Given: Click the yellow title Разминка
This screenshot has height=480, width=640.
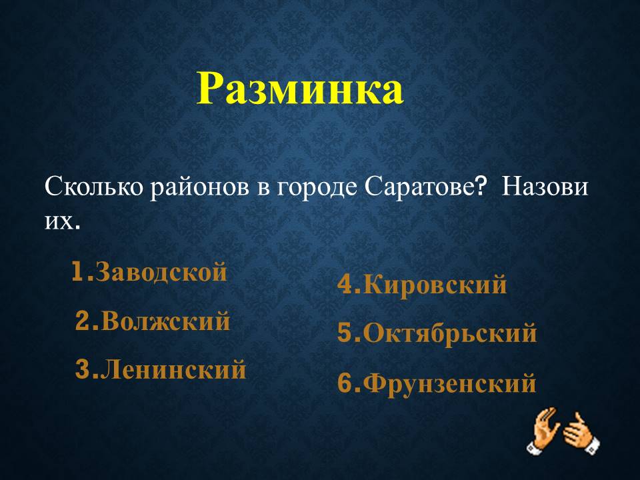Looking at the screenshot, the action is click(300, 89).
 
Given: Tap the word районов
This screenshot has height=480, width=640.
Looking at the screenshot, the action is click(199, 189).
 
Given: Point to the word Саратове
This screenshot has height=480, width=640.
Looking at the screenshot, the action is click(419, 187).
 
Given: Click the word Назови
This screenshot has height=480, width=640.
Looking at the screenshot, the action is click(545, 187).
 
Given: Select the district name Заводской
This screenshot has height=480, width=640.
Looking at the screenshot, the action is click(161, 272).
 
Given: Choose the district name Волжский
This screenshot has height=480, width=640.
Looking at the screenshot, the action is click(165, 321).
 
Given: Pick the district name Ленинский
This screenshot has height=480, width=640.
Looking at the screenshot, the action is click(173, 369).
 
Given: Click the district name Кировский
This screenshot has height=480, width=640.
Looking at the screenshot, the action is click(435, 285).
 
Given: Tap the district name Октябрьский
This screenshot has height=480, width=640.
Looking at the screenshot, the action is click(450, 333).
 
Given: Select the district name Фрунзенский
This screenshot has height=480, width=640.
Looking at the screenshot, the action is click(449, 383).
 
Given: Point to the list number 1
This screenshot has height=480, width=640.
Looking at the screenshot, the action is click(79, 272).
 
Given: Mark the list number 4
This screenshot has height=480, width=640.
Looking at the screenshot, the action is click(345, 285).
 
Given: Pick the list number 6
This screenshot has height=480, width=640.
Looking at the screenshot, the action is click(345, 383).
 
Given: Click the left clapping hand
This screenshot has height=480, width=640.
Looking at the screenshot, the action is click(543, 430).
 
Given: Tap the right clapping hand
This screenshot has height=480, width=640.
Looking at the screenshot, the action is click(581, 433).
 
